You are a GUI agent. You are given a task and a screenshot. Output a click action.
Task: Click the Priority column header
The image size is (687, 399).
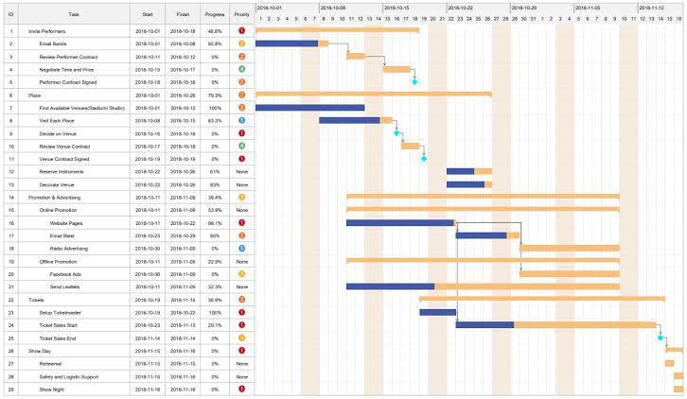241,15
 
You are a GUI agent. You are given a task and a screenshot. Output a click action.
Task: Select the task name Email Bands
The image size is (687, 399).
52,43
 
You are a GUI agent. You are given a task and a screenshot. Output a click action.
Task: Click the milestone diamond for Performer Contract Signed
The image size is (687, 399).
414,82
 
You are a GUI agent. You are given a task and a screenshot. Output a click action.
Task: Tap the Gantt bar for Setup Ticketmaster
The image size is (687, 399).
437,312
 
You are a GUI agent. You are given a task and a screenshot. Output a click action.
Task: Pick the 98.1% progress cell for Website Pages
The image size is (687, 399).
214,222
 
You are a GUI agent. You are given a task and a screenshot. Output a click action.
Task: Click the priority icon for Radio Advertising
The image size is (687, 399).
242,248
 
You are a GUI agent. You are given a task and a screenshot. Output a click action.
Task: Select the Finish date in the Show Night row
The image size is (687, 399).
183,389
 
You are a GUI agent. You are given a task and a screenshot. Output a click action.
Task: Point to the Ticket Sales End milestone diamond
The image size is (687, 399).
661,338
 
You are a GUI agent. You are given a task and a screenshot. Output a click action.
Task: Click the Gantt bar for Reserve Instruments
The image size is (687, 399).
468,171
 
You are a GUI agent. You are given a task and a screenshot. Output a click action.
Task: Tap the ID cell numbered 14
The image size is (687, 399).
11,197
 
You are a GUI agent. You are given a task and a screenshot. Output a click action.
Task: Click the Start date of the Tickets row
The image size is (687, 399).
148,299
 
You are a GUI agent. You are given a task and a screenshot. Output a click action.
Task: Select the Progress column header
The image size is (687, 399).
214,15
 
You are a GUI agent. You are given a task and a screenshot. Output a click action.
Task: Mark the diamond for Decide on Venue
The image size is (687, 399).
396,133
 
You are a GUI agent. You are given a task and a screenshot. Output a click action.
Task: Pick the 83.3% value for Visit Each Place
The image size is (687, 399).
214,120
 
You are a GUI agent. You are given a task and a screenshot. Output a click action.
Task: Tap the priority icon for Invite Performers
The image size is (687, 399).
242,31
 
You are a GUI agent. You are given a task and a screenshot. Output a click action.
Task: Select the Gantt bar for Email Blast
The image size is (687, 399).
487,235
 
